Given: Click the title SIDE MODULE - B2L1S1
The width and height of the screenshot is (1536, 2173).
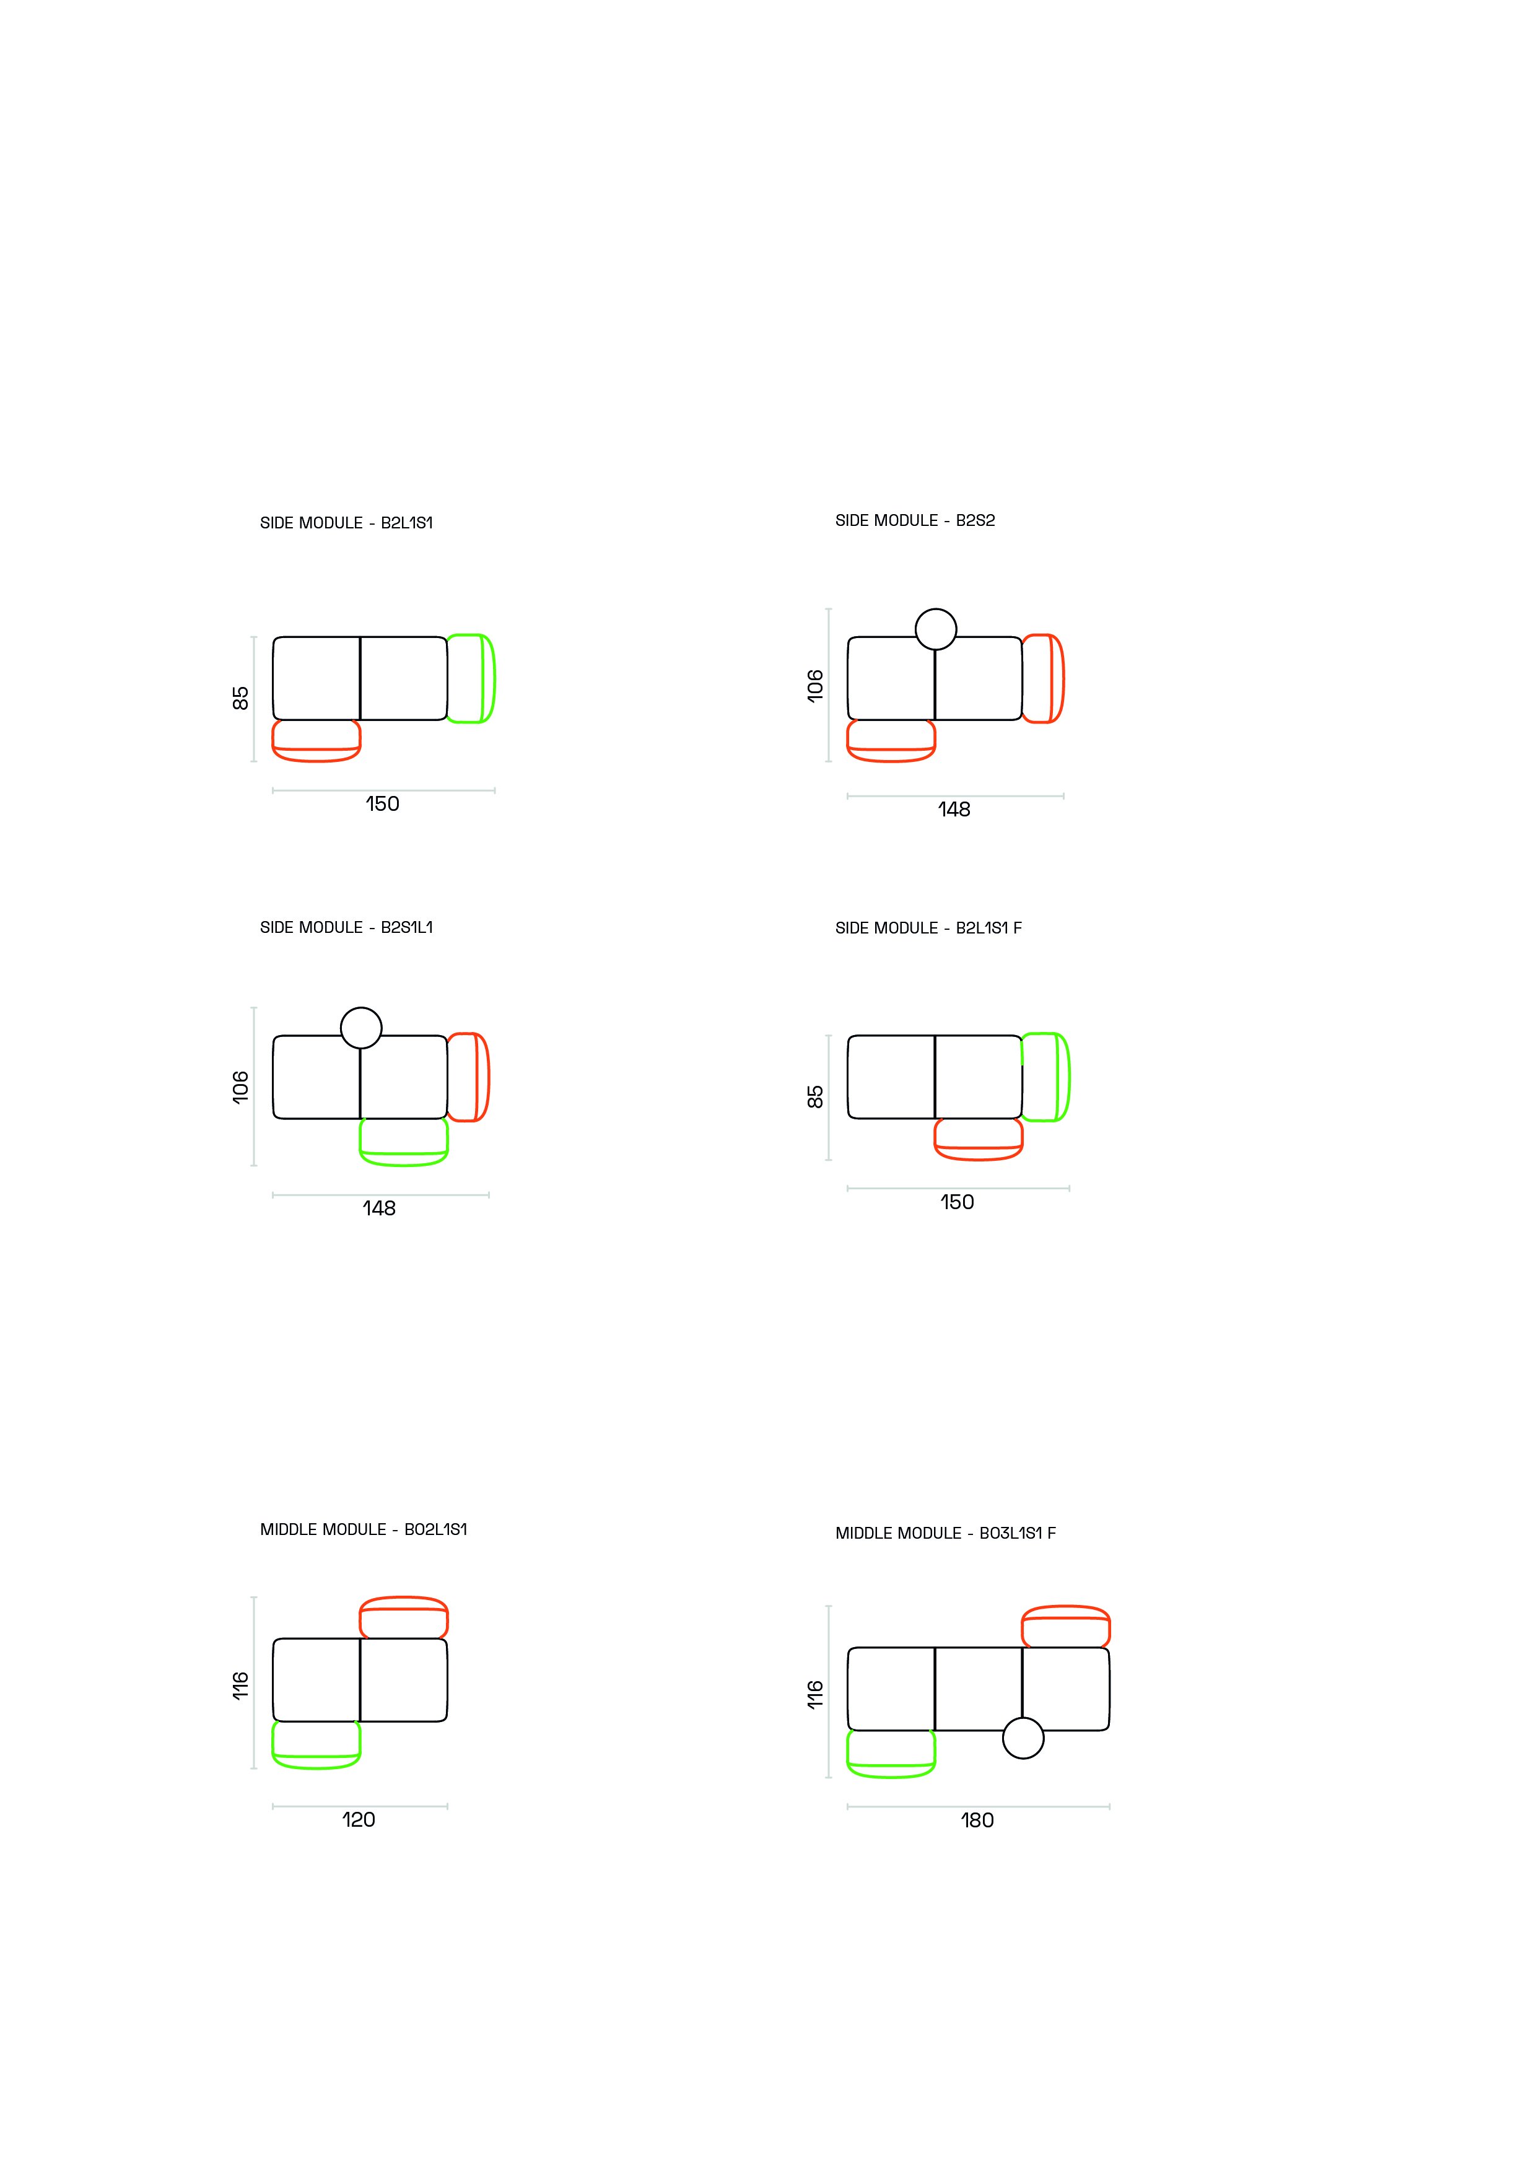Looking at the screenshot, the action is [346, 522].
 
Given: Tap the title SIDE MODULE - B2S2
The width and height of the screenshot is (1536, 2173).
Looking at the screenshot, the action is [915, 520].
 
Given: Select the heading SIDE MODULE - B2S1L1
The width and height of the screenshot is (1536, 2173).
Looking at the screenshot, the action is [346, 927].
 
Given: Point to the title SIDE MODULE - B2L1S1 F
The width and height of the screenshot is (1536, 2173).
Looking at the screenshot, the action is [928, 929].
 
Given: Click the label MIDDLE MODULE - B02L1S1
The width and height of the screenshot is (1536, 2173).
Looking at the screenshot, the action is [364, 1529].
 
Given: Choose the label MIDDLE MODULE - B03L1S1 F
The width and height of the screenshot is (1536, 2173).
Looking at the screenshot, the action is [946, 1533].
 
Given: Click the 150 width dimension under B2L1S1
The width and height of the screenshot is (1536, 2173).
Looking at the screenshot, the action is [382, 803].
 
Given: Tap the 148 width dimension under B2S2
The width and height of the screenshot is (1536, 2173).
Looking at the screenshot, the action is [954, 809].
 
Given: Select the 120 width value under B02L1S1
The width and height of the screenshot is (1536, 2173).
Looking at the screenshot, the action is [359, 1820].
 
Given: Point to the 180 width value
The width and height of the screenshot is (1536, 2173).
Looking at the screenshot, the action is [977, 1821].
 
